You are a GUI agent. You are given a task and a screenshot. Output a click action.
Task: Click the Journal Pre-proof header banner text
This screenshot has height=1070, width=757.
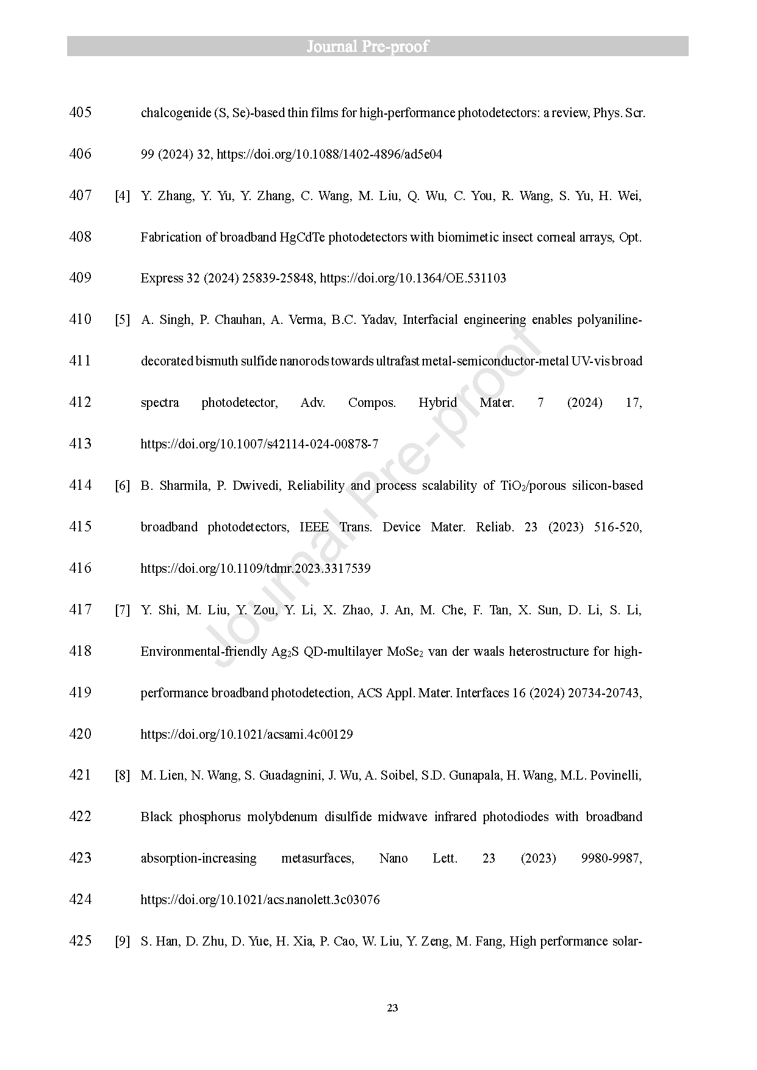[x=367, y=46]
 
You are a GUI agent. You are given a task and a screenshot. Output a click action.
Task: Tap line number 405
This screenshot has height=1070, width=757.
[x=81, y=112]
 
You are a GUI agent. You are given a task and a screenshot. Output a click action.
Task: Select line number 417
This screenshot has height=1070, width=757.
[x=81, y=609]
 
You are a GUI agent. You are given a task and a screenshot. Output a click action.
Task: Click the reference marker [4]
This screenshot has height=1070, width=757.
[x=123, y=196]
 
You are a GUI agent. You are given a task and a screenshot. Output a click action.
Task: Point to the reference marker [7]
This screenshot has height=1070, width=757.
[x=123, y=610]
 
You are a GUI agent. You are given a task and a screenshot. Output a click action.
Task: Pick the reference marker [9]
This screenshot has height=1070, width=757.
[x=123, y=941]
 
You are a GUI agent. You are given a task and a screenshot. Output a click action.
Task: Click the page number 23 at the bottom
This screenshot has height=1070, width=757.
[x=392, y=1008]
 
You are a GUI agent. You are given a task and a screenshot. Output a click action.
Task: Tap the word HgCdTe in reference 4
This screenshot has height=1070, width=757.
[x=302, y=237]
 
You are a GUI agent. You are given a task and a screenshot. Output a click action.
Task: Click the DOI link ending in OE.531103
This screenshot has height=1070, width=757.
[x=413, y=278]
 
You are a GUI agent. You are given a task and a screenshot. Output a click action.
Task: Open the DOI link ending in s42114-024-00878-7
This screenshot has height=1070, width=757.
[x=259, y=444]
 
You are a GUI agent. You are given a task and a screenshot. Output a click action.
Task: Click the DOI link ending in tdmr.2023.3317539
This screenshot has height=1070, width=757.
[x=256, y=569]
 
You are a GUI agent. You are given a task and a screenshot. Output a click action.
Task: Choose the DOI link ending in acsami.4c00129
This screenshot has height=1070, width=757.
[x=246, y=734]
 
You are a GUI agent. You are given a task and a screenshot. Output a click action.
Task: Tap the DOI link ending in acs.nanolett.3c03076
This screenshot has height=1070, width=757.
[x=260, y=900]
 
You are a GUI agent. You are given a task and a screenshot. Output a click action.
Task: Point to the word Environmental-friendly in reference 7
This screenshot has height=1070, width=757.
[x=202, y=652]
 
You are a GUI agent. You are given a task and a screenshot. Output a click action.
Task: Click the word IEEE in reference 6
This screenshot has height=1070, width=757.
[x=314, y=527]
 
